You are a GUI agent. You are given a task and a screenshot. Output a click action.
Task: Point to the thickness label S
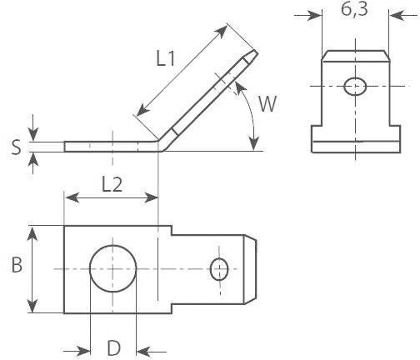16,147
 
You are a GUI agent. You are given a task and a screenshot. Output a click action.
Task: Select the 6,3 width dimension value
352,12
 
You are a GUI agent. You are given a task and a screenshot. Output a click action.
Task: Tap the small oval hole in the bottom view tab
219,268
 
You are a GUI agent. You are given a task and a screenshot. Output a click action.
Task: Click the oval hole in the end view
353,85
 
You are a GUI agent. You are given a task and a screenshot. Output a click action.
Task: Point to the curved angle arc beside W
251,117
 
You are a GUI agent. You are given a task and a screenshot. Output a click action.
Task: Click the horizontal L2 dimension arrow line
111,198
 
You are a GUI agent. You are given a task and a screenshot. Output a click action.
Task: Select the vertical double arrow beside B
33,268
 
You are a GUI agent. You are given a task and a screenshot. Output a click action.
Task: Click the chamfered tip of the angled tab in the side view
253,58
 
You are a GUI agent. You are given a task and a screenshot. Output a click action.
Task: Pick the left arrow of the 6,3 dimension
313,15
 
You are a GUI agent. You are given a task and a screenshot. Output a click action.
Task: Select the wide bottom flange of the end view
353,140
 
